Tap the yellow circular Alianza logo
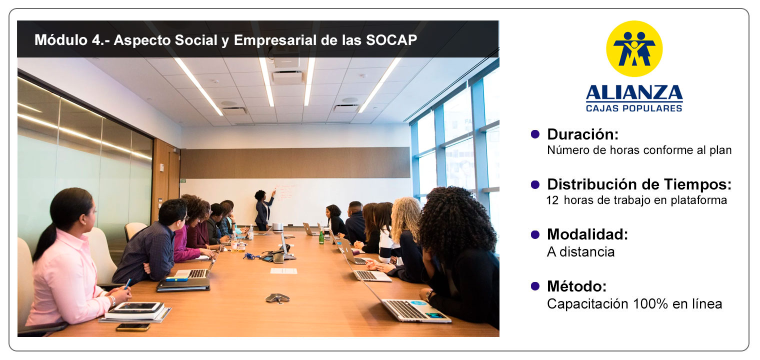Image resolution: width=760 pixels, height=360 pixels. (x=634, y=48)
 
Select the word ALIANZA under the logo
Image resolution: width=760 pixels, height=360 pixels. (x=634, y=92)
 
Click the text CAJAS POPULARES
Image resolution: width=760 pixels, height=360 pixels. (x=634, y=108)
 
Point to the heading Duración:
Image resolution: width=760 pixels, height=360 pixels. (x=582, y=134)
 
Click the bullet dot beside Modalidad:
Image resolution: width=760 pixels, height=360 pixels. (x=535, y=234)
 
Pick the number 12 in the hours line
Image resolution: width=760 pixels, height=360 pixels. (x=552, y=200)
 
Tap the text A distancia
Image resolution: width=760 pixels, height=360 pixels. (x=580, y=252)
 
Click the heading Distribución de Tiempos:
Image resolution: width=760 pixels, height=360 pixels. (x=639, y=184)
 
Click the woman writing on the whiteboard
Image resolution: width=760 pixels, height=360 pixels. (x=264, y=209)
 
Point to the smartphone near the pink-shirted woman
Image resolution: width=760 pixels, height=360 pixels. (x=133, y=327)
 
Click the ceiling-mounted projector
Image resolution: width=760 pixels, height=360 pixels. (x=286, y=61)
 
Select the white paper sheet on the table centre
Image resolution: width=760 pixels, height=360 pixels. (x=283, y=271)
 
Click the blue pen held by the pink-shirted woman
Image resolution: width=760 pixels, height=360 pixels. (x=127, y=284)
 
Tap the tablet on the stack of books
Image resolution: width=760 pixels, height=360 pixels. (x=137, y=307)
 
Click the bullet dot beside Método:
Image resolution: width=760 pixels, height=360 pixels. (x=535, y=286)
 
